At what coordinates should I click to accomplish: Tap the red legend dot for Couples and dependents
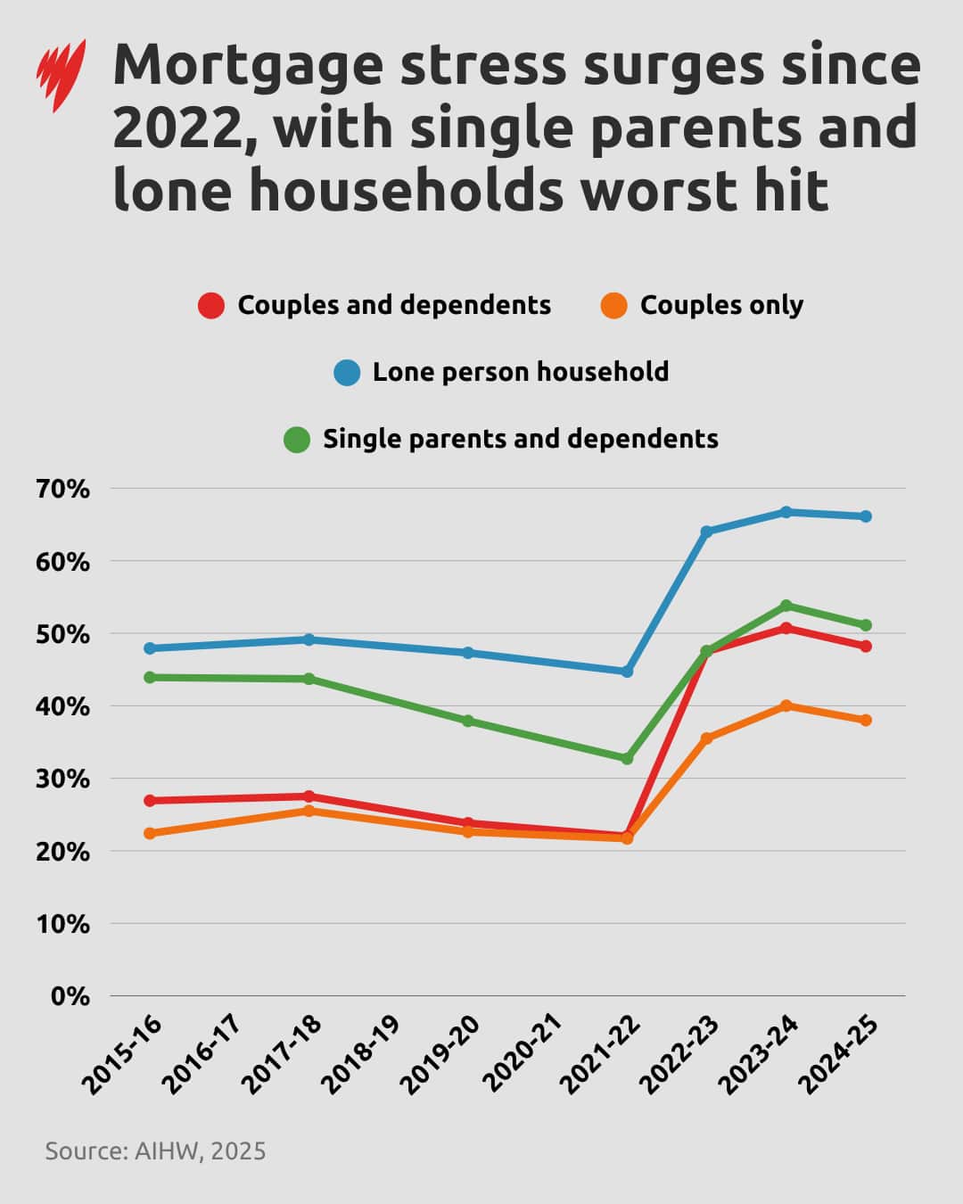point(211,306)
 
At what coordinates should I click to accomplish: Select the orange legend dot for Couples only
point(614,306)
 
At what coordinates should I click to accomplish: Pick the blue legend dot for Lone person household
point(347,372)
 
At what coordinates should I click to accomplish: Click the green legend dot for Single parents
point(297,439)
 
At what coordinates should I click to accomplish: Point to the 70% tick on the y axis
point(62,489)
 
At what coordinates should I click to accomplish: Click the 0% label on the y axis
point(70,996)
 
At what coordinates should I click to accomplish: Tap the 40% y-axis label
point(62,706)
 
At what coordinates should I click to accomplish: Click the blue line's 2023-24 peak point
point(786,512)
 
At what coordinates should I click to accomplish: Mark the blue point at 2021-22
point(627,672)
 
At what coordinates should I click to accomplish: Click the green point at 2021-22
point(627,758)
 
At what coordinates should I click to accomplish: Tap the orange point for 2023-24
point(786,705)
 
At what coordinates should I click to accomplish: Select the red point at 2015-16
point(150,801)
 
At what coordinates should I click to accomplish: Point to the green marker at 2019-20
point(468,721)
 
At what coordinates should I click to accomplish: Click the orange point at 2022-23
point(706,738)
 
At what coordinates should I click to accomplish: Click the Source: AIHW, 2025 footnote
point(155,1150)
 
